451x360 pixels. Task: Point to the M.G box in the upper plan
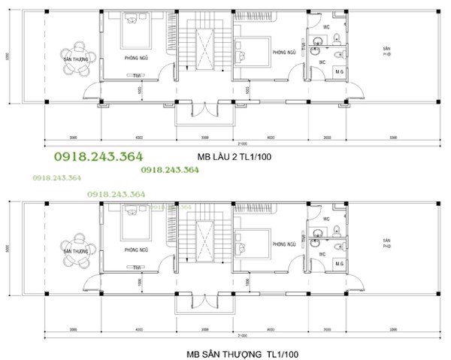pyautogui.click(x=339, y=71)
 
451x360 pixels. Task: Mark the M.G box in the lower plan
pyautogui.click(x=339, y=264)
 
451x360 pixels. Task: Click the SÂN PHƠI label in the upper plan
pyautogui.click(x=386, y=51)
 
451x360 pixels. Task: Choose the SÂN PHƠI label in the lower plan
pyautogui.click(x=386, y=243)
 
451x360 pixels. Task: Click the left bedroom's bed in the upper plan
pyautogui.click(x=135, y=29)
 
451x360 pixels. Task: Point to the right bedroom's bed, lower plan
pyautogui.click(x=251, y=242)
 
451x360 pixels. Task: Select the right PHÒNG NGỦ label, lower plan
pyautogui.click(x=283, y=245)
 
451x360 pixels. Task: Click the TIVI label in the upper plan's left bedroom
pyautogui.click(x=137, y=75)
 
